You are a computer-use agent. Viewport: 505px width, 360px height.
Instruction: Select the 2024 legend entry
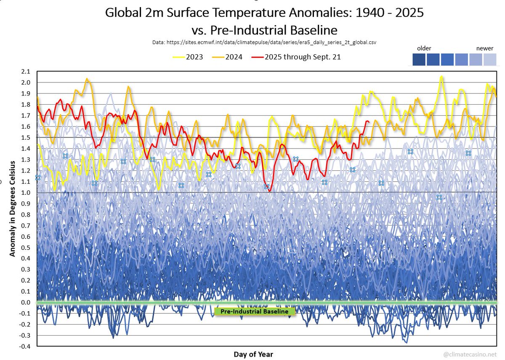click(227, 57)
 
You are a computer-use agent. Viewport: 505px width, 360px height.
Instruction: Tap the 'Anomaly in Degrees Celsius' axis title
click(13, 208)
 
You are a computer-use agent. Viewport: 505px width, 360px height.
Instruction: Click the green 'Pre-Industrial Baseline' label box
click(255, 312)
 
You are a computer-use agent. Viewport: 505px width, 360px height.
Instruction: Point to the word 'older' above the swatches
click(424, 48)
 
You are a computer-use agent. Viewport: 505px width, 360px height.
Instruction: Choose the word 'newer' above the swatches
click(484, 48)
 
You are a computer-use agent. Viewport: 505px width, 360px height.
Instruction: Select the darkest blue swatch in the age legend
click(420, 60)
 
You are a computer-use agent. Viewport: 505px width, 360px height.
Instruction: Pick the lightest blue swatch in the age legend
click(490, 60)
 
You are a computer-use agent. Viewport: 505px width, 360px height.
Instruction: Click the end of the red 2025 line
click(369, 122)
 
